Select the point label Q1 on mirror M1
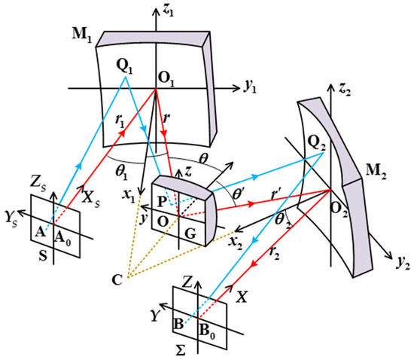click(x=126, y=66)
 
